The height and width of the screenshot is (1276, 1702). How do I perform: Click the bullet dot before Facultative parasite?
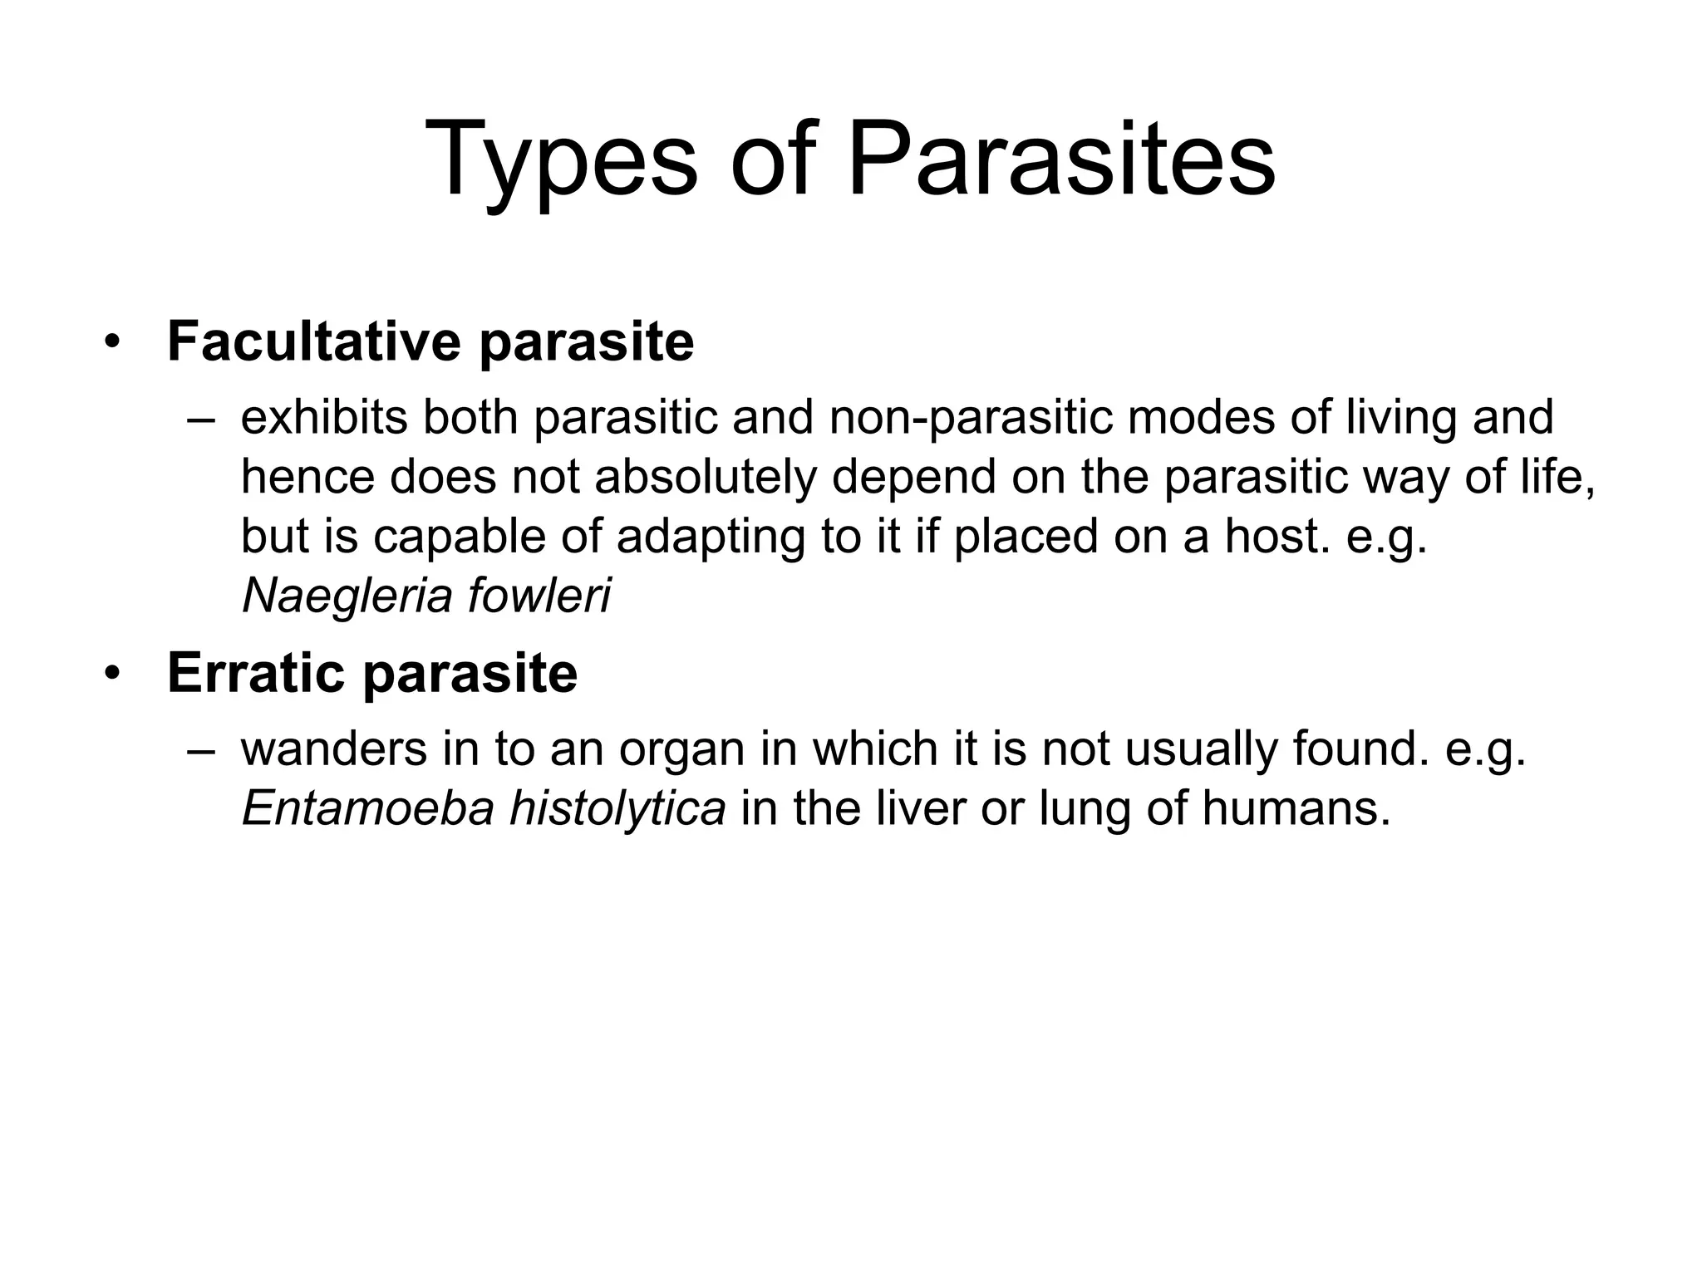click(x=112, y=343)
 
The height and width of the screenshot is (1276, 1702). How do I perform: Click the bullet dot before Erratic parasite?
click(x=112, y=675)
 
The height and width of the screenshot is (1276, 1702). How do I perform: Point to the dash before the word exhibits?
click(x=200, y=419)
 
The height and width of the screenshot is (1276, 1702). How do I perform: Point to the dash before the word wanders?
click(x=200, y=751)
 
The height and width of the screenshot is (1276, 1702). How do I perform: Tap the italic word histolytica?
click(x=617, y=809)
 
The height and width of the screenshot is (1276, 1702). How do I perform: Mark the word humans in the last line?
click(x=1296, y=809)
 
